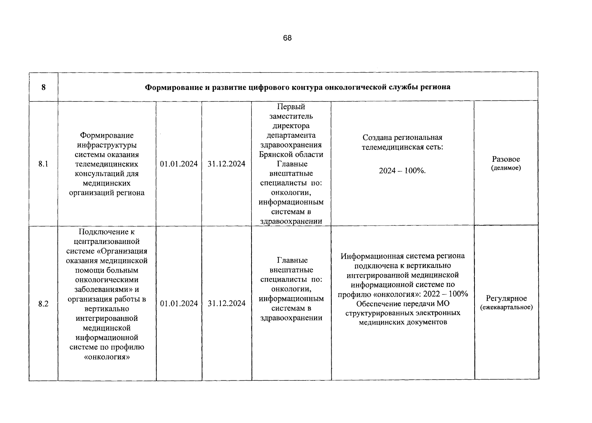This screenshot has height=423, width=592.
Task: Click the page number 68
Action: click(287, 38)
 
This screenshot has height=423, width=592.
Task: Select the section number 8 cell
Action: click(43, 87)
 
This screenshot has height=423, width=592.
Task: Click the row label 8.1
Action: click(43, 164)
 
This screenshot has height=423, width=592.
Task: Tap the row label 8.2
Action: click(43, 304)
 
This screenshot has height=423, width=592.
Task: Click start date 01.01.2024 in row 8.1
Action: click(179, 164)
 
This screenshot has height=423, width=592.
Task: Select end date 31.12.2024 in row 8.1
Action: click(226, 164)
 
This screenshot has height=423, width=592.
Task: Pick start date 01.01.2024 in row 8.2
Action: click(179, 304)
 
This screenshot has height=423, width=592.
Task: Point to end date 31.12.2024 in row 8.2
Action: click(226, 304)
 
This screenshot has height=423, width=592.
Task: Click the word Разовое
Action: click(506, 159)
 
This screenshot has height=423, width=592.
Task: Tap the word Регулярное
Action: click(506, 299)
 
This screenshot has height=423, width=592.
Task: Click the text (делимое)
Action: click(506, 168)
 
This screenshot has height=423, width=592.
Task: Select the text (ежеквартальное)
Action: click(506, 307)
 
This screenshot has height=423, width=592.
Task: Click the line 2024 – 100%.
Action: click(403, 171)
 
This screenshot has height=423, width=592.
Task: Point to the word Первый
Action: click(291, 106)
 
